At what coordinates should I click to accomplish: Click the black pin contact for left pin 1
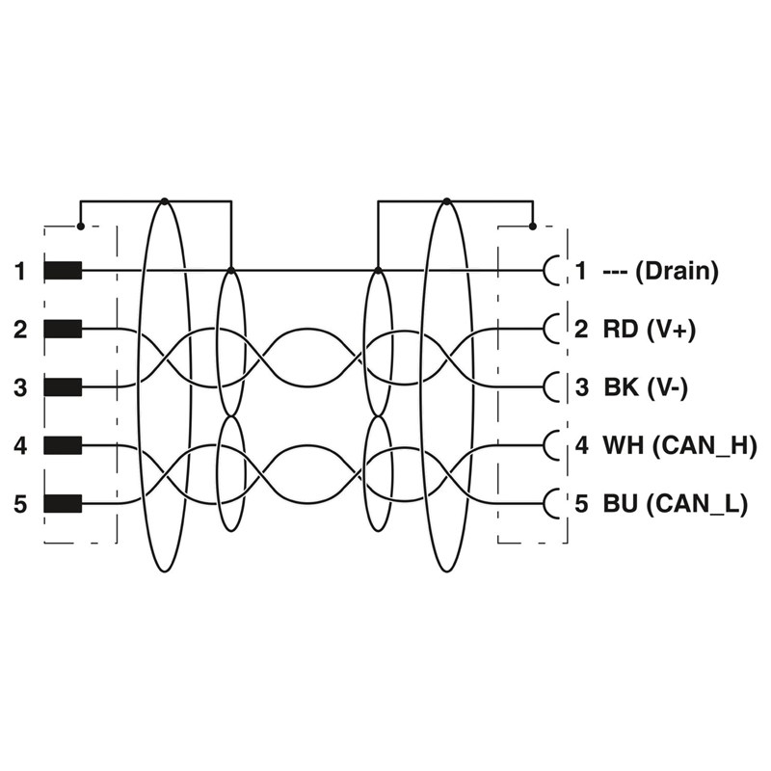pos(63,272)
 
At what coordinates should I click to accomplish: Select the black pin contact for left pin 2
pos(63,330)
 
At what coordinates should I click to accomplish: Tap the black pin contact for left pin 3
pos(63,387)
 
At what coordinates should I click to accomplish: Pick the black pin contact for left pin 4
pos(63,445)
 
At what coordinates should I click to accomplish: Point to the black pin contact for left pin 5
pos(63,503)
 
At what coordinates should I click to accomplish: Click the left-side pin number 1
pos(20,272)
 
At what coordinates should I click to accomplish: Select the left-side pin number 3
pos(20,387)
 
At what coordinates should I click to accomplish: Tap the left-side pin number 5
pos(20,503)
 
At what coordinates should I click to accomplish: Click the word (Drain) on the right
pos(678,272)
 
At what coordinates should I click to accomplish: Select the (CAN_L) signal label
pos(695,503)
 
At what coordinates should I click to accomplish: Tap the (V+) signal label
pos(671,330)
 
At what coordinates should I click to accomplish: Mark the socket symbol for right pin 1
pos(552,272)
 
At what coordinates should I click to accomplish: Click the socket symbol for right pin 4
pos(552,445)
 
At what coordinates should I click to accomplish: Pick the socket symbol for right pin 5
pos(552,503)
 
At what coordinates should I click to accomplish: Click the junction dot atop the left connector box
pos(80,226)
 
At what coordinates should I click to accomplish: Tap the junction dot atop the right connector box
pos(533,226)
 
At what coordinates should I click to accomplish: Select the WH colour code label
pos(624,445)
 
